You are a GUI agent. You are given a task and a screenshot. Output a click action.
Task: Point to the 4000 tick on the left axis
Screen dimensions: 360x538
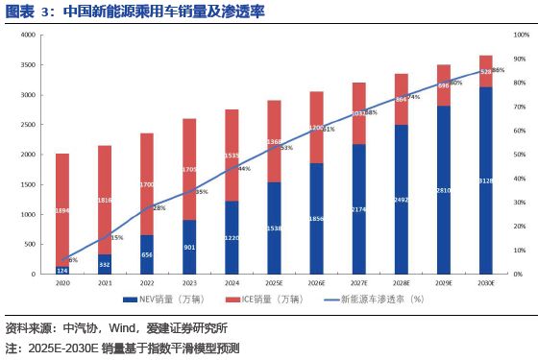(x=28, y=35)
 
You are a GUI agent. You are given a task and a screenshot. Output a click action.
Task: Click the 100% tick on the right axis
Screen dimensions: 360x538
(x=519, y=35)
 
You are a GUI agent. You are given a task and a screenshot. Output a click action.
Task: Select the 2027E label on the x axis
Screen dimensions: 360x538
(x=358, y=284)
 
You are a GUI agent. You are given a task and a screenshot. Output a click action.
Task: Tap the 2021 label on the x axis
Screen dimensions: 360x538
(x=105, y=284)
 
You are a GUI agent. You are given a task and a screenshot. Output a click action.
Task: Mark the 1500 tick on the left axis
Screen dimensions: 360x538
(x=28, y=184)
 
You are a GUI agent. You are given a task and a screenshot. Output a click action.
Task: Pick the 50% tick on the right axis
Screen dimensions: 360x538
(x=518, y=155)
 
